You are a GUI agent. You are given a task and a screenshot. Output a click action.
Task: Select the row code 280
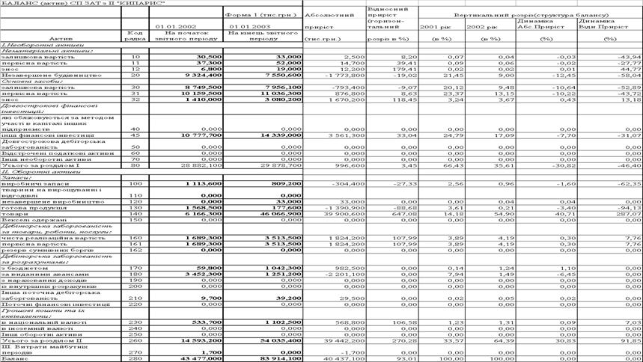[x=135, y=358]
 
